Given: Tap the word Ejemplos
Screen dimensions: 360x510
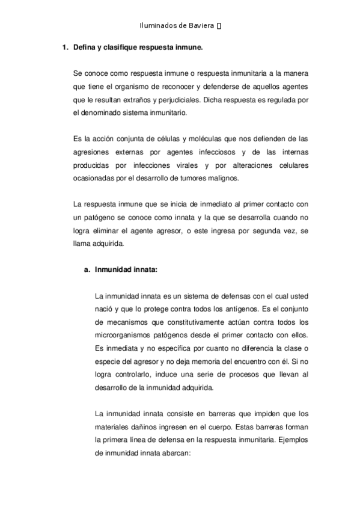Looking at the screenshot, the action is (x=294, y=440).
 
